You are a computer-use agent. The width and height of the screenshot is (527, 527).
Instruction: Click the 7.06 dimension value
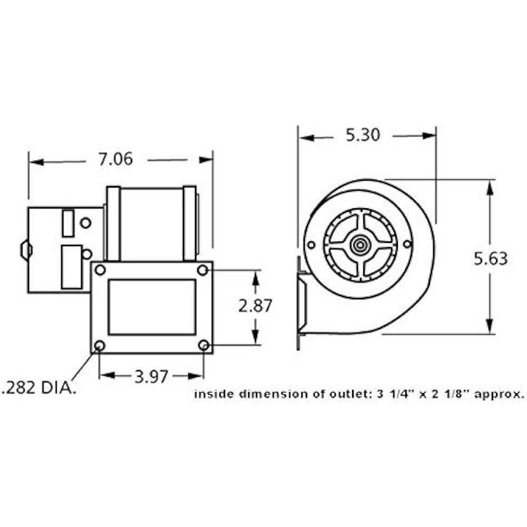coord(115,159)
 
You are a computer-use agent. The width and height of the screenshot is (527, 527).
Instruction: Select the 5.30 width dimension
coord(363,135)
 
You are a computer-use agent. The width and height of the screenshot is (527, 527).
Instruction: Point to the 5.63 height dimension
coord(491,258)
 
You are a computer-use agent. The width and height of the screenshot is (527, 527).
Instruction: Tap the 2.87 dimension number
coord(255,306)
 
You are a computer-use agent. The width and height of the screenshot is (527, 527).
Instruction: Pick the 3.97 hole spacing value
coord(151,376)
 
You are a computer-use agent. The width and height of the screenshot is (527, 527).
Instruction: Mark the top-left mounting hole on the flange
coord(99,270)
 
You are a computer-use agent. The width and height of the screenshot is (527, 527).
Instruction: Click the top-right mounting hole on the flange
coord(203,270)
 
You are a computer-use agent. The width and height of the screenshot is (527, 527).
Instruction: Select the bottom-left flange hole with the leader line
coord(99,346)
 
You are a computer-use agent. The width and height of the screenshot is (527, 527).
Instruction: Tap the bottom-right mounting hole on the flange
coord(203,345)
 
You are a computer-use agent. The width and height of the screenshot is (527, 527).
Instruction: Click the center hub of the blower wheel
coord(360,244)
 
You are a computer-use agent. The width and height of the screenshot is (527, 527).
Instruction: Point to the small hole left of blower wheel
coord(311,245)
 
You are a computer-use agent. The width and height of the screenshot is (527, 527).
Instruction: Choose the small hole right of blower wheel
coord(407,243)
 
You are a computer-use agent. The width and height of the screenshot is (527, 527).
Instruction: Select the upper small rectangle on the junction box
coord(67,223)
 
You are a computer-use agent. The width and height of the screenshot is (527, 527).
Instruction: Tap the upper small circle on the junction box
coord(85,223)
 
